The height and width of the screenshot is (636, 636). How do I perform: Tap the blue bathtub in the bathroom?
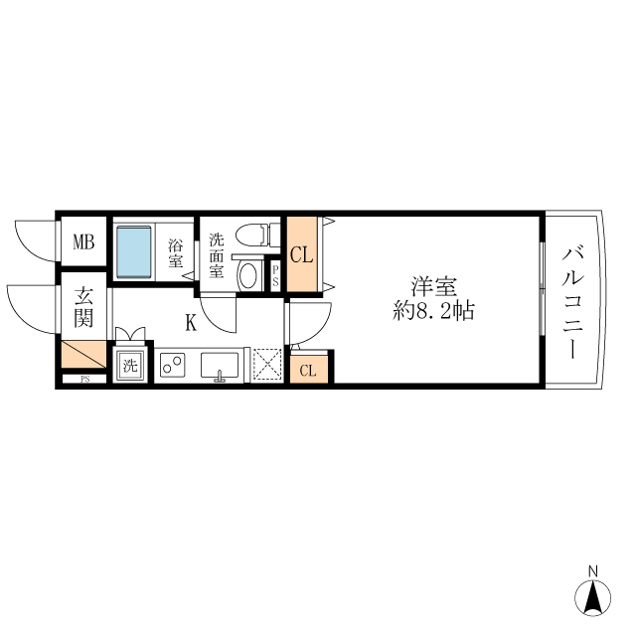pyautogui.click(x=132, y=252)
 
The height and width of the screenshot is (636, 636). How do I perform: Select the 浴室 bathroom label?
pyautogui.click(x=176, y=253)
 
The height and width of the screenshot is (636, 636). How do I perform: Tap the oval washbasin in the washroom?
pyautogui.click(x=249, y=275)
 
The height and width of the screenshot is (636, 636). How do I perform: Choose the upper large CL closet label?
pyautogui.click(x=301, y=254)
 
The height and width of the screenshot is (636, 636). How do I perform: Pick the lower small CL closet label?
pyautogui.click(x=308, y=372)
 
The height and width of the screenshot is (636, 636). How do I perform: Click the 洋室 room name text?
pyautogui.click(x=434, y=286)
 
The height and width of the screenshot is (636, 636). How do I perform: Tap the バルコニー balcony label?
pyautogui.click(x=573, y=302)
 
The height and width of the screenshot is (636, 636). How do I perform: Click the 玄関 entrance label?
pyautogui.click(x=83, y=308)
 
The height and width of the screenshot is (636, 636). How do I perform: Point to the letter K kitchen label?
pyautogui.click(x=189, y=322)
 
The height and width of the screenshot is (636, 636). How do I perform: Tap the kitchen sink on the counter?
pyautogui.click(x=220, y=366)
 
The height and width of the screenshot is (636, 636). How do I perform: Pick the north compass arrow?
pyautogui.click(x=592, y=597)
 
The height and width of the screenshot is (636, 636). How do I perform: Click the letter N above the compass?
pyautogui.click(x=592, y=570)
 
